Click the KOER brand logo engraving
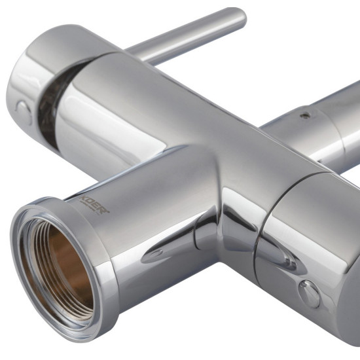94,205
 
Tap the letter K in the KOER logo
82,199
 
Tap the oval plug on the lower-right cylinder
309,294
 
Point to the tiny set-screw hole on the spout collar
305,115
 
